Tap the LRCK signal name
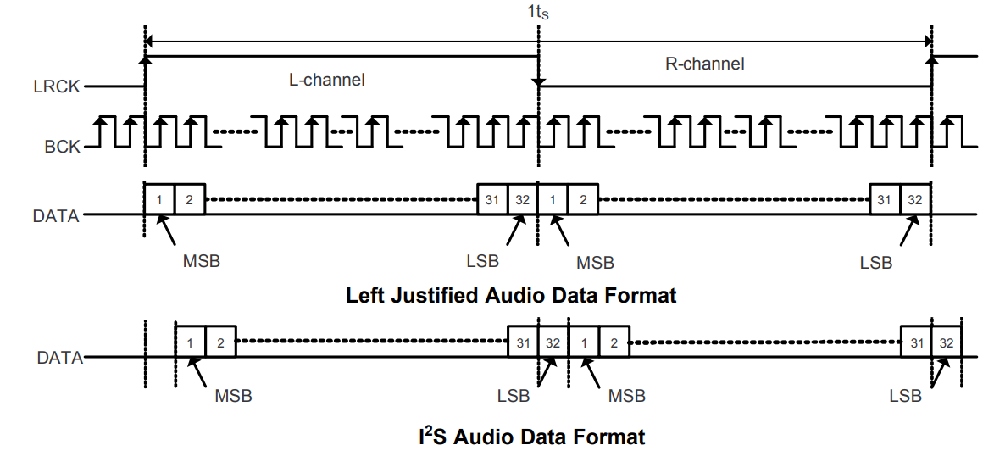(x=57, y=86)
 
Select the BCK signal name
(x=62, y=147)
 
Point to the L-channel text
(x=327, y=81)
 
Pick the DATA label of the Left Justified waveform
(x=56, y=216)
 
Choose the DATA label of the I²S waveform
(x=59, y=358)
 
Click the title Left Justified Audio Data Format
(x=511, y=296)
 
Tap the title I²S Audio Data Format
(x=531, y=437)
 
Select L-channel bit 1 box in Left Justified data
(x=158, y=199)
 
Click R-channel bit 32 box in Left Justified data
(x=915, y=199)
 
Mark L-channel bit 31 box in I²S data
(x=522, y=342)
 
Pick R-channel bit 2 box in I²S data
(x=614, y=342)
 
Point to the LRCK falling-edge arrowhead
(x=538, y=82)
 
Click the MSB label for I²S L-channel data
(x=233, y=396)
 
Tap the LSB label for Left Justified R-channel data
(x=876, y=263)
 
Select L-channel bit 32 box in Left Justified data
(x=522, y=199)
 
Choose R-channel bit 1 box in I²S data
(x=583, y=342)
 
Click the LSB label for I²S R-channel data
(x=906, y=396)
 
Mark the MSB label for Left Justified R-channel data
(x=595, y=263)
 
